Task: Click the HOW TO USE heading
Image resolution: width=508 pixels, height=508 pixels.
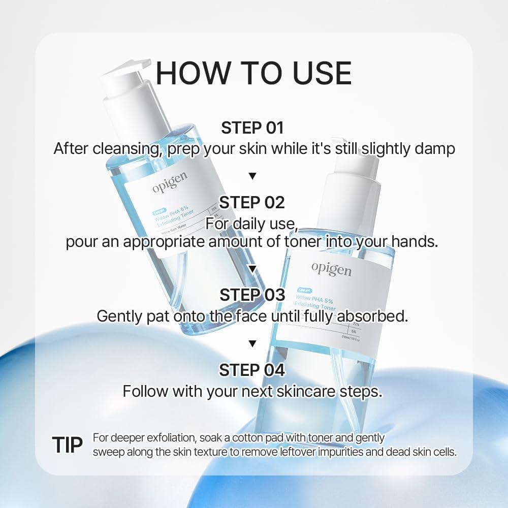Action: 253,73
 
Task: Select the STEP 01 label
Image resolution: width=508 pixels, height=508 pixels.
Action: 252,128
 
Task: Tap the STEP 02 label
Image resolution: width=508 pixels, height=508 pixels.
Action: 252,203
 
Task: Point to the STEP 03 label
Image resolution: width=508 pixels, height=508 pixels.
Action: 252,295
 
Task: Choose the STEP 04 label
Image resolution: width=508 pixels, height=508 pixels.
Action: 252,370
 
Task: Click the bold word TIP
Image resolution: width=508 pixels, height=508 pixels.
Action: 67,444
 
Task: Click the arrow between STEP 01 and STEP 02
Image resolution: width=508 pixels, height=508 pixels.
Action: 252,176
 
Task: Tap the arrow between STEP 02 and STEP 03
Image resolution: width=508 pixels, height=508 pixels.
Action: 252,268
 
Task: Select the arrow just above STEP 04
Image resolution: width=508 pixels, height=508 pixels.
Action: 252,344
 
